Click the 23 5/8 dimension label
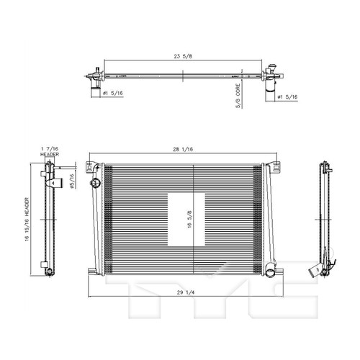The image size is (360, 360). (x=183, y=56)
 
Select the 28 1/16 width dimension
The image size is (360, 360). (x=183, y=149)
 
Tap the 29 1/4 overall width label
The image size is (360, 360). (x=186, y=292)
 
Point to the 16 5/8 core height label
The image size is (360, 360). (x=189, y=219)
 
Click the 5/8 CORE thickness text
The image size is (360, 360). (x=238, y=96)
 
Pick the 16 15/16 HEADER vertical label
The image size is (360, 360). (x=27, y=219)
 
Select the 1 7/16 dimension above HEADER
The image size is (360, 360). (x=50, y=149)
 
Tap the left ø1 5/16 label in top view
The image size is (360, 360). (x=113, y=93)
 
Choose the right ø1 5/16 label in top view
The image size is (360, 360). (x=287, y=96)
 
